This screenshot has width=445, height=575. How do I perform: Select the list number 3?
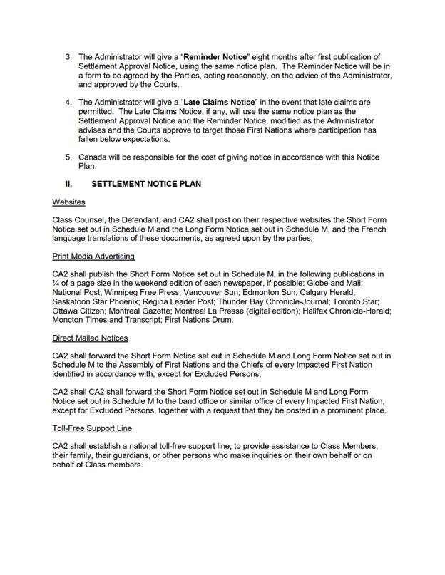[x=68, y=57]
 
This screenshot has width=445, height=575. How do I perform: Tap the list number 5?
[x=68, y=157]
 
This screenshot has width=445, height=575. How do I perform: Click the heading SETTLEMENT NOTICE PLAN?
[x=146, y=184]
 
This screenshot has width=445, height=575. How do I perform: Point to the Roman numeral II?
[x=69, y=184]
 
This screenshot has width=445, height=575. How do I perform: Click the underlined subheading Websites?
[x=68, y=202]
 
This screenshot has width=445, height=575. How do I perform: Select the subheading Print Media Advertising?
[x=93, y=257]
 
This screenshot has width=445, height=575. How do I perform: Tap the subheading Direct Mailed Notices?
[x=90, y=338]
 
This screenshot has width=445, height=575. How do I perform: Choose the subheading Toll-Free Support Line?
[x=92, y=428]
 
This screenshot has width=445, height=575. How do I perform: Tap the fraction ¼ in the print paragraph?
[x=56, y=283]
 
